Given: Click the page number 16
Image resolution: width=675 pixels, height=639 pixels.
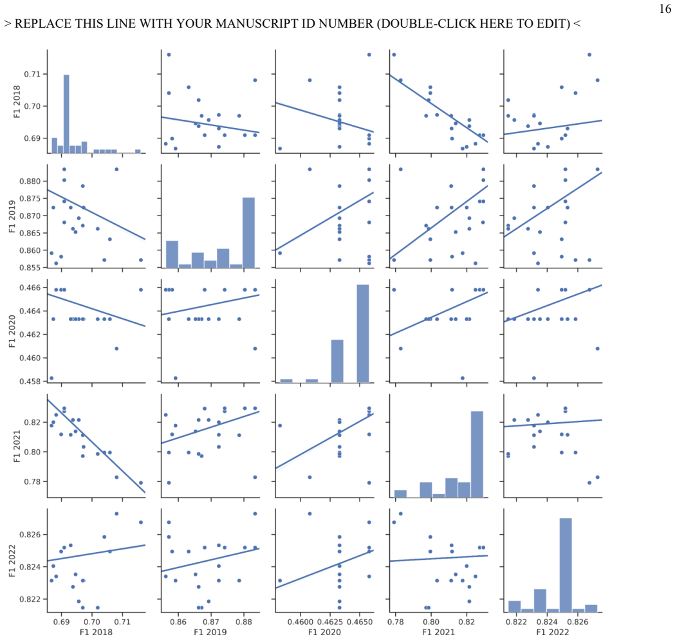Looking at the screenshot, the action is coord(665,8).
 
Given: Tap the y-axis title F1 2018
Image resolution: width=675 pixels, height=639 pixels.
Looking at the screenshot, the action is coord(17,102).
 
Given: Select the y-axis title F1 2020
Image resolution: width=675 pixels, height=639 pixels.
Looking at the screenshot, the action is coord(12,331).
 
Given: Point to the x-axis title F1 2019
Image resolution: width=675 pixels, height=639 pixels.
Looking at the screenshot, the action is coord(210,632).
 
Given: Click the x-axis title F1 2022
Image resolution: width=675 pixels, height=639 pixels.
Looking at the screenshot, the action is coord(552,632).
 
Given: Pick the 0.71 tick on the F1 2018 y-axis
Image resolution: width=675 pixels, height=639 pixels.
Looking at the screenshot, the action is coord(32,74).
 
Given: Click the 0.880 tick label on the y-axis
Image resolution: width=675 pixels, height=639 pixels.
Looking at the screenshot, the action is coord(30,181).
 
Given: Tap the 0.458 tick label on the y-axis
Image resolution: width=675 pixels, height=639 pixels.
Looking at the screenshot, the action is coord(30,382).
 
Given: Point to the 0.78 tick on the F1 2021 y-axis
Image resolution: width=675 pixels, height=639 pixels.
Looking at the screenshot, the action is coord(32,482).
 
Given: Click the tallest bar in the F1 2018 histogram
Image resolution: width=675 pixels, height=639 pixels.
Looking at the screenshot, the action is coord(66,114).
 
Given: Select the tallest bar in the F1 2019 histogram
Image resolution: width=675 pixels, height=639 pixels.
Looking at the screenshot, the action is coord(248,232).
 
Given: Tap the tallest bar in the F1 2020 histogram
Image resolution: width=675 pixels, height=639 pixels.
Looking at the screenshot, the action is coord(363,334).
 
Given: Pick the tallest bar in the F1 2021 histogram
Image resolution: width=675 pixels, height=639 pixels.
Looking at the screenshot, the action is coord(477,454).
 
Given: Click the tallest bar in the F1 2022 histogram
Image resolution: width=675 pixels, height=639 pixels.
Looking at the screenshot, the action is coord(565,565).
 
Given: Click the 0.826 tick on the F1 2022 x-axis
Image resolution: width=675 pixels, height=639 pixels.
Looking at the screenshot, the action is coord(578,622).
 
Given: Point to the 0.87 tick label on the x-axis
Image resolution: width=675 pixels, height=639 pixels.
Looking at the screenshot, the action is coord(211,622).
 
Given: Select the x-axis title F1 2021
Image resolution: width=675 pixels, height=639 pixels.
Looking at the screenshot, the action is coord(438,632).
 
